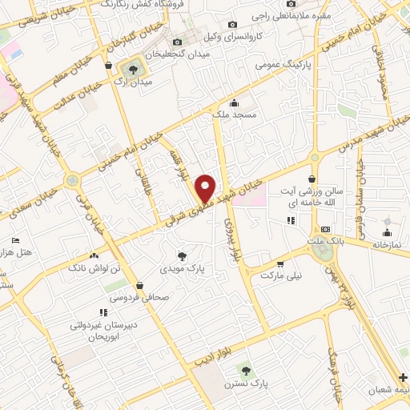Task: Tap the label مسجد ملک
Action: tap(233, 116)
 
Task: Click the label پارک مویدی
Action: tap(183, 270)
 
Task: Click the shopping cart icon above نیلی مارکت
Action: tap(280, 263)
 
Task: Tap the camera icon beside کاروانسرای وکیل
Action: tap(232, 25)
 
